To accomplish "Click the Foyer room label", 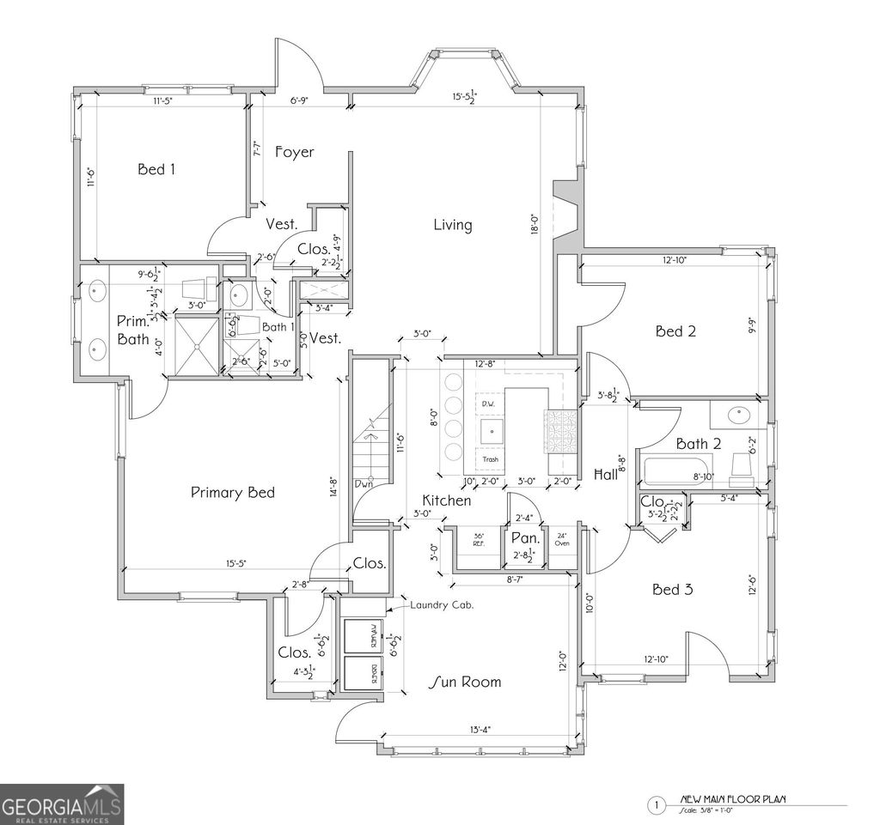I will (x=294, y=152).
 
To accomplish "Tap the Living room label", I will (x=452, y=225).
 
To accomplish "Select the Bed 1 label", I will (x=156, y=169).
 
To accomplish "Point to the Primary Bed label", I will (x=232, y=492).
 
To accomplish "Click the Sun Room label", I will (x=465, y=682).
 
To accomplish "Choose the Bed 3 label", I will (x=673, y=590).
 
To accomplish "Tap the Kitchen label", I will (x=446, y=500).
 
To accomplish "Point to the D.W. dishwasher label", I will (x=487, y=403).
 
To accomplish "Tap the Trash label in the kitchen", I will (x=489, y=459).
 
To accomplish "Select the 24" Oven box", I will (x=561, y=541).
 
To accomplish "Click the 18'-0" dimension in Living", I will (x=534, y=225).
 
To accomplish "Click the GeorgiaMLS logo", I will (x=62, y=804).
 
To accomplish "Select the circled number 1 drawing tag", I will (x=656, y=804).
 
